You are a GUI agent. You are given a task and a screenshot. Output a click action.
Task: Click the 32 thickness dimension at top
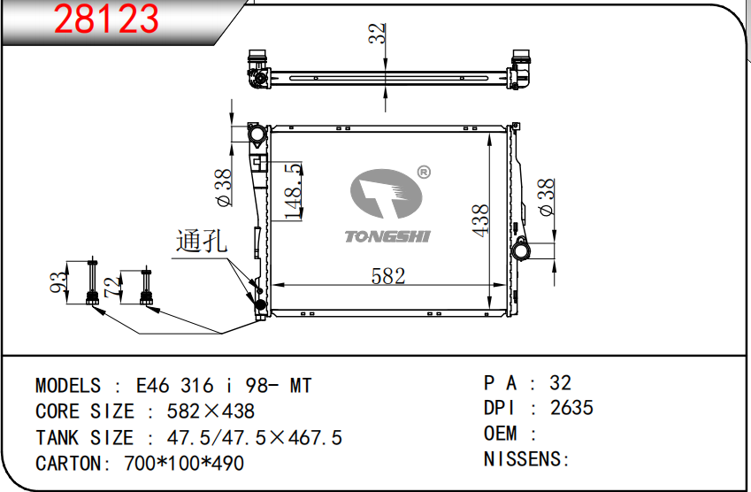[378, 34]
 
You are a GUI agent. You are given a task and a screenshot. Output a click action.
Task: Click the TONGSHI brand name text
[387, 236]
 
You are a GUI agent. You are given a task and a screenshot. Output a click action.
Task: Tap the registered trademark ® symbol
[423, 172]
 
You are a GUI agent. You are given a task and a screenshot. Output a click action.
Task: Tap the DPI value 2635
[571, 408]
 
